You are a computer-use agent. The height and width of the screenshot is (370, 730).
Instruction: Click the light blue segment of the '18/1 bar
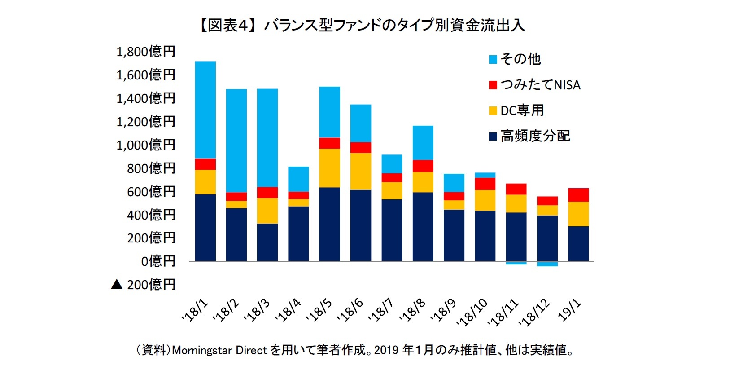pos(205,110)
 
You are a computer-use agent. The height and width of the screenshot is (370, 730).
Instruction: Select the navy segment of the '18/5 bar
pos(329,224)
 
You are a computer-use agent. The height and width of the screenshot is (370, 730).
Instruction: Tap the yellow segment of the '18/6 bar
pos(360,171)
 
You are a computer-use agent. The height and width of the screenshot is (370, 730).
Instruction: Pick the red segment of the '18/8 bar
pos(423,166)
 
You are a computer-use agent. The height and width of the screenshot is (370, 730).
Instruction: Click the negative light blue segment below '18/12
pos(547,264)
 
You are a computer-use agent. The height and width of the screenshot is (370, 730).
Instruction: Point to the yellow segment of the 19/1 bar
pos(578,214)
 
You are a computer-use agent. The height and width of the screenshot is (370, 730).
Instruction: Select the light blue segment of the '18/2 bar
pos(236,141)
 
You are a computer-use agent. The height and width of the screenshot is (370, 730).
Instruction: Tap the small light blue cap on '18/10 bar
pos(485,175)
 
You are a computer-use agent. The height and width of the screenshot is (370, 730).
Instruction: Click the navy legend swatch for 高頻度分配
pos(493,136)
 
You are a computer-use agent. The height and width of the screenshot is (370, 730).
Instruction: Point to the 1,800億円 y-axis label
pos(145,52)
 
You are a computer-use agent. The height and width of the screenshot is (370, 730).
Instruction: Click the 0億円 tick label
pos(158,261)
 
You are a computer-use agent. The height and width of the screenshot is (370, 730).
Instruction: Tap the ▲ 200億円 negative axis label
pos(144,284)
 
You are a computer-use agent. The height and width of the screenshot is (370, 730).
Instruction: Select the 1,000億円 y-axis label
pos(145,145)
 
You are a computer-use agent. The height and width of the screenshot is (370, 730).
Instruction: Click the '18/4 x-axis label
pos(289,310)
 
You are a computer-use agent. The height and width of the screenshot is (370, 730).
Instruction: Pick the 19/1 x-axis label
pos(570,310)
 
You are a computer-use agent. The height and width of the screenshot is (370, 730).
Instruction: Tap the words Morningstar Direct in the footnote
pos(219,350)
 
